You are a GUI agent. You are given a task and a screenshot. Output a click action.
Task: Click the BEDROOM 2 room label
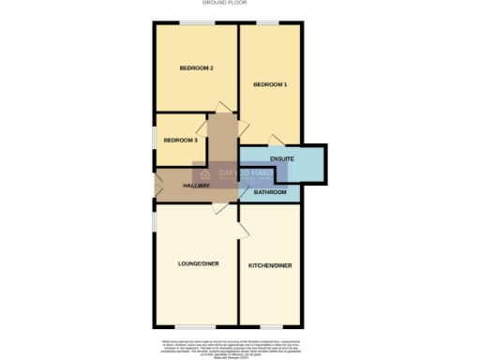198,68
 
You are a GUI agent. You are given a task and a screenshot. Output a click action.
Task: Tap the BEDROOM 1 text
270,84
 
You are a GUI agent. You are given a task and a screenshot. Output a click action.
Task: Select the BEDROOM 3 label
180,140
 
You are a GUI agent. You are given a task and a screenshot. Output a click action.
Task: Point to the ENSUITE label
282,159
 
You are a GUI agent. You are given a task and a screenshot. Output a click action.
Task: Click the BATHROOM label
270,191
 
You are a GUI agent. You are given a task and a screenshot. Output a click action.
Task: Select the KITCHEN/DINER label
270,265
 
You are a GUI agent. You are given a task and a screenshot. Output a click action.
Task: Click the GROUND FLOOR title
240,4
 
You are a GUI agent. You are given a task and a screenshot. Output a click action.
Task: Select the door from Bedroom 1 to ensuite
274,141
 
